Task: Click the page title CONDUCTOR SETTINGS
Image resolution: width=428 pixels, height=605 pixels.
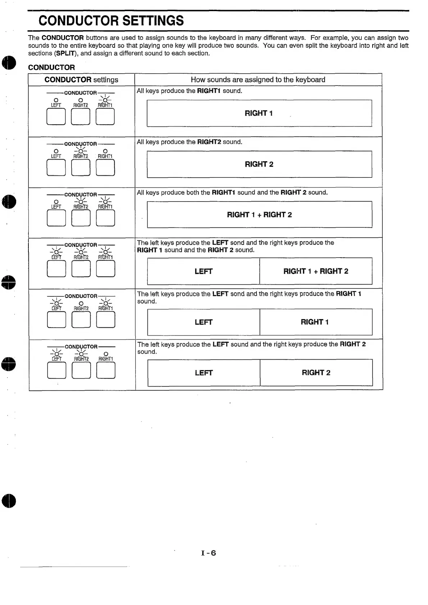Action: pyautogui.click(x=111, y=21)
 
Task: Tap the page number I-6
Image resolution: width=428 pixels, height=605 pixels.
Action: pyautogui.click(x=209, y=553)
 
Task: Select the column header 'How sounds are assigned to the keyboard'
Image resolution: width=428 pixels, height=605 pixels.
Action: pyautogui.click(x=258, y=80)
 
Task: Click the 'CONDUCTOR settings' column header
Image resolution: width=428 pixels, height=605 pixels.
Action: pyautogui.click(x=81, y=80)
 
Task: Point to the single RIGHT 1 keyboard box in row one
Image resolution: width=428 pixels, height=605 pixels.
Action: pyautogui.click(x=259, y=113)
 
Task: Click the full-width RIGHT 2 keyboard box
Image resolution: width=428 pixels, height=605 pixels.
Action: pyautogui.click(x=259, y=164)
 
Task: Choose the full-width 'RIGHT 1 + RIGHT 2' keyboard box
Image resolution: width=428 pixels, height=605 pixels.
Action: pyautogui.click(x=259, y=215)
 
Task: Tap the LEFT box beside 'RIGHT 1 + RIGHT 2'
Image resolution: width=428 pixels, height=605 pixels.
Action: pyautogui.click(x=204, y=271)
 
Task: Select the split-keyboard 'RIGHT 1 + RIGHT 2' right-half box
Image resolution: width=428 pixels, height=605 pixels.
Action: pyautogui.click(x=316, y=271)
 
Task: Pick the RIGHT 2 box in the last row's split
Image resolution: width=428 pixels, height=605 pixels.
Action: pyautogui.click(x=316, y=373)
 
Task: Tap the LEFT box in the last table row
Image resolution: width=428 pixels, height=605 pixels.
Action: pyautogui.click(x=204, y=373)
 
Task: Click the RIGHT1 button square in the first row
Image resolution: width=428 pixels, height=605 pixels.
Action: pyautogui.click(x=105, y=116)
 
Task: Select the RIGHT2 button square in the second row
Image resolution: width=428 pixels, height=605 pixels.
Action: pyautogui.click(x=81, y=167)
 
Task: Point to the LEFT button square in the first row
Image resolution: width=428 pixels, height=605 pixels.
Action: pyautogui.click(x=56, y=116)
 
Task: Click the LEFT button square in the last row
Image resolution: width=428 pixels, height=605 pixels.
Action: pyautogui.click(x=56, y=370)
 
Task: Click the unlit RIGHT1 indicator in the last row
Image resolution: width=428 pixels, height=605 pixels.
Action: pyautogui.click(x=106, y=354)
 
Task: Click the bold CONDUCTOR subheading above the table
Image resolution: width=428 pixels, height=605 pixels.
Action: pyautogui.click(x=51, y=68)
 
